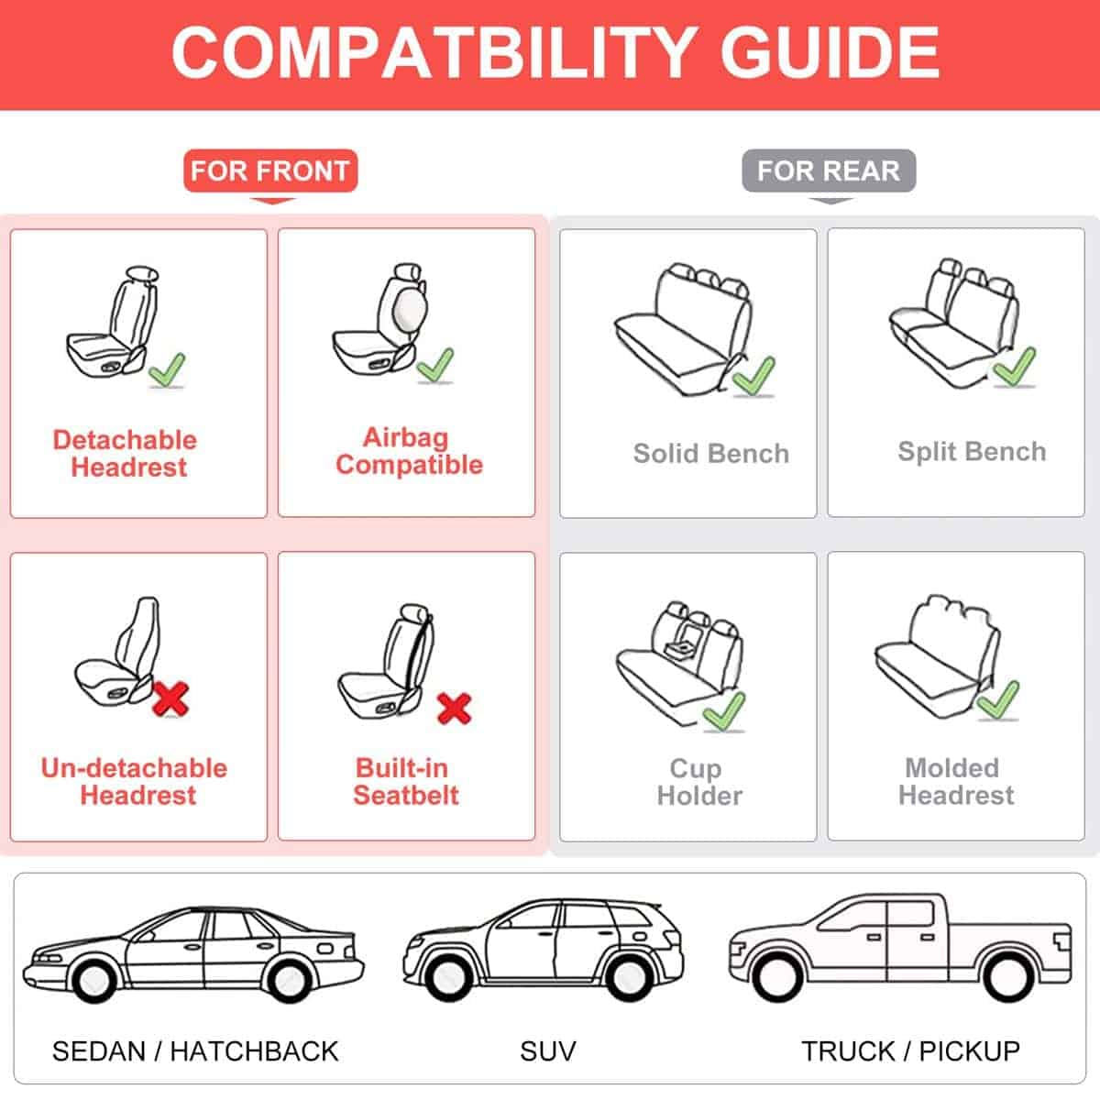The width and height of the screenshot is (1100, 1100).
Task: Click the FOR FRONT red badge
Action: point(269,170)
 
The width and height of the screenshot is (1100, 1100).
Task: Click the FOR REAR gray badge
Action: point(828,170)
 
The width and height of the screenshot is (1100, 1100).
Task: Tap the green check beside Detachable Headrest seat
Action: point(168,370)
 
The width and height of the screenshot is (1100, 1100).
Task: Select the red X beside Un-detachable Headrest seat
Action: point(170,698)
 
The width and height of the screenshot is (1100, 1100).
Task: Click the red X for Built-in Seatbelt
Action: point(454,708)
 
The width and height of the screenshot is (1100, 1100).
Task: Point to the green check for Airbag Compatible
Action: point(434,365)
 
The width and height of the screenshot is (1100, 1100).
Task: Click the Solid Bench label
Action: point(710,454)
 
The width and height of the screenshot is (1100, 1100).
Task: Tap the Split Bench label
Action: point(972,452)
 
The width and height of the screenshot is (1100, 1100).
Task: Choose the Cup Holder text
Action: point(698,781)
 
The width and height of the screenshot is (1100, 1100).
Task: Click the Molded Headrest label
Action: point(955,781)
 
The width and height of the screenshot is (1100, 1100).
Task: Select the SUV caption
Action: point(547,1050)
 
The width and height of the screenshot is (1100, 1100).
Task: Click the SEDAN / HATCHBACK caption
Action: point(195,1050)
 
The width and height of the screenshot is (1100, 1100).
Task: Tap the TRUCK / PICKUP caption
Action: point(910,1050)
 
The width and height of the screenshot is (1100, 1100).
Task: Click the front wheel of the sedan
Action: point(93,979)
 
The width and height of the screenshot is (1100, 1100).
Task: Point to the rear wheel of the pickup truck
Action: point(1006,977)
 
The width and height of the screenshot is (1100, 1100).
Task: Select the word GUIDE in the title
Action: point(830,51)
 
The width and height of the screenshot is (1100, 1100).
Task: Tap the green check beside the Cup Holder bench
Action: point(724,711)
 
